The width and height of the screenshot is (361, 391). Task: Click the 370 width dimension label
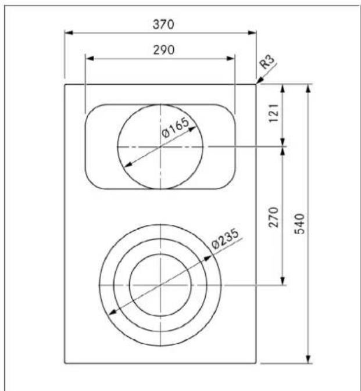point(163,24)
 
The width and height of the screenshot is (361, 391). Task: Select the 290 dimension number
point(164,50)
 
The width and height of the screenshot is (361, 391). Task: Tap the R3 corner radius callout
point(267,62)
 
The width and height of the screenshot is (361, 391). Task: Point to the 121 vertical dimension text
point(273,113)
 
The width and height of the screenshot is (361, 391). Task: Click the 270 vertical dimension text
point(273,217)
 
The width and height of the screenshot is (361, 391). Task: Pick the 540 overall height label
point(299,224)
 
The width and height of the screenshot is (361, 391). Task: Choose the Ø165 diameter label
point(175,127)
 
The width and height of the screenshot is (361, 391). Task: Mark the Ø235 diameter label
point(225,239)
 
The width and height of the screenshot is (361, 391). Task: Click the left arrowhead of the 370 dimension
point(69,33)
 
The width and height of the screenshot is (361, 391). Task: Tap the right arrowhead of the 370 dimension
point(252,33)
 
